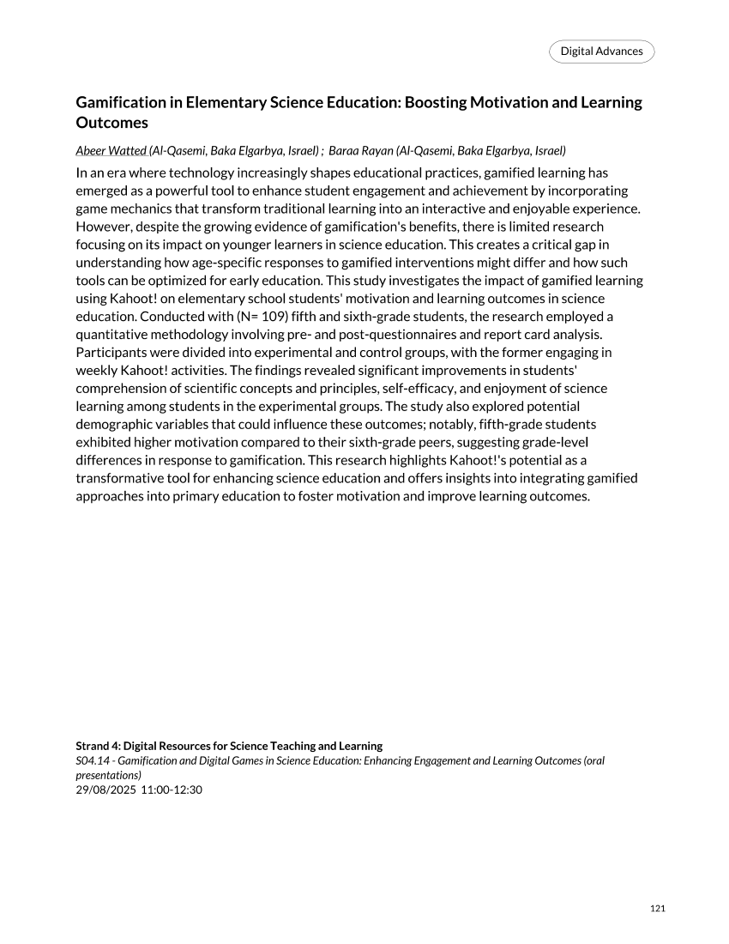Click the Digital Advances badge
point(601,51)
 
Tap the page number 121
point(658,909)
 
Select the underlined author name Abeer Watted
point(111,151)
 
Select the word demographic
point(112,424)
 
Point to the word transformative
point(119,478)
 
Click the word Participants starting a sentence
point(112,352)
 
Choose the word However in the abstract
point(103,227)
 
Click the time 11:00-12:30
point(172,790)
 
